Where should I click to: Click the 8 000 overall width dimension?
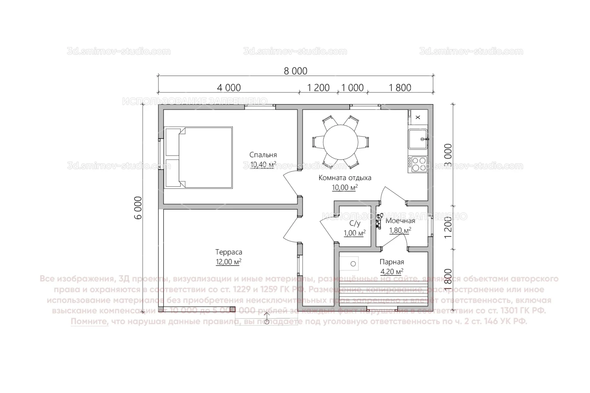coord(295,71)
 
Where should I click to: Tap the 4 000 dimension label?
coord(229,88)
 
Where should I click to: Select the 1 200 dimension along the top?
coord(318,88)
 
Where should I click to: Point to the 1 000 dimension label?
coord(352,88)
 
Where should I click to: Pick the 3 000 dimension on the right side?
coord(448,155)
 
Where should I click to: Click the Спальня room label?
coord(263,155)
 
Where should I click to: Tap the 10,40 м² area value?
coord(263,165)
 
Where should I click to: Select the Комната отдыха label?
coord(345,178)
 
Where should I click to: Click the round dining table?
coord(341,142)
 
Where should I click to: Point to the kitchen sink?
coord(418,139)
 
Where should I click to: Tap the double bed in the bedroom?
coord(199,158)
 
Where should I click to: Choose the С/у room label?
coord(354,223)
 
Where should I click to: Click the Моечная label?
coord(400,221)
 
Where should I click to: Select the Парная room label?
coord(392,262)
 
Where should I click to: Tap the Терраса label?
coord(228,252)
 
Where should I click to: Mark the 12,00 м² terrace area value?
coord(228,262)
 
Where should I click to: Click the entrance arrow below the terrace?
coord(267,320)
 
